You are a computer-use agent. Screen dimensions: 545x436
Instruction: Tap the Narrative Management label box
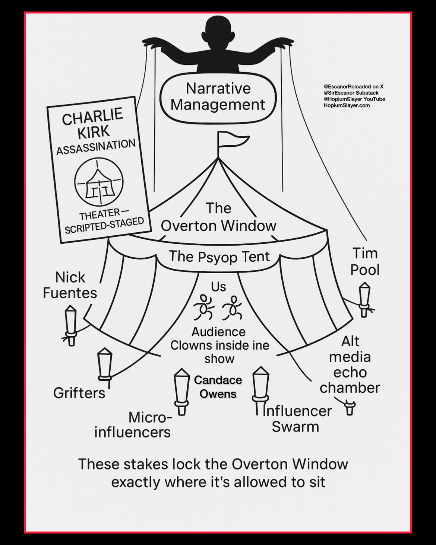[218, 97]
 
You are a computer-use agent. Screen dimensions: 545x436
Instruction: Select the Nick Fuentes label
[70, 285]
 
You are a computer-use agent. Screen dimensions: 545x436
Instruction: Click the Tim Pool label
[365, 261]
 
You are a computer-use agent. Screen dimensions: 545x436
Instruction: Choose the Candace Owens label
[218, 387]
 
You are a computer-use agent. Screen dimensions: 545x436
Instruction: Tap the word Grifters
[79, 393]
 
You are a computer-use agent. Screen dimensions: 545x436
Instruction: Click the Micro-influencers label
[133, 425]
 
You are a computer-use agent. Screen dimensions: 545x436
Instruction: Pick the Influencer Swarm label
[296, 419]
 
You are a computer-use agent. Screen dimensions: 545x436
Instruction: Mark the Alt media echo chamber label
[350, 364]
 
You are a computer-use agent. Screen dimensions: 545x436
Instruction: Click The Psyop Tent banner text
[219, 256]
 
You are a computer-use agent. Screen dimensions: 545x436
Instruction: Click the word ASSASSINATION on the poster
[96, 147]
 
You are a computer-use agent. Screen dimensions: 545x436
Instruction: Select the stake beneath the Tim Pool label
[364, 300]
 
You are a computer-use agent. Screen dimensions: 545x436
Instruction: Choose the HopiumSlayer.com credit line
[347, 105]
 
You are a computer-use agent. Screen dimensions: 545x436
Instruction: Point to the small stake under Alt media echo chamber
[350, 407]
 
